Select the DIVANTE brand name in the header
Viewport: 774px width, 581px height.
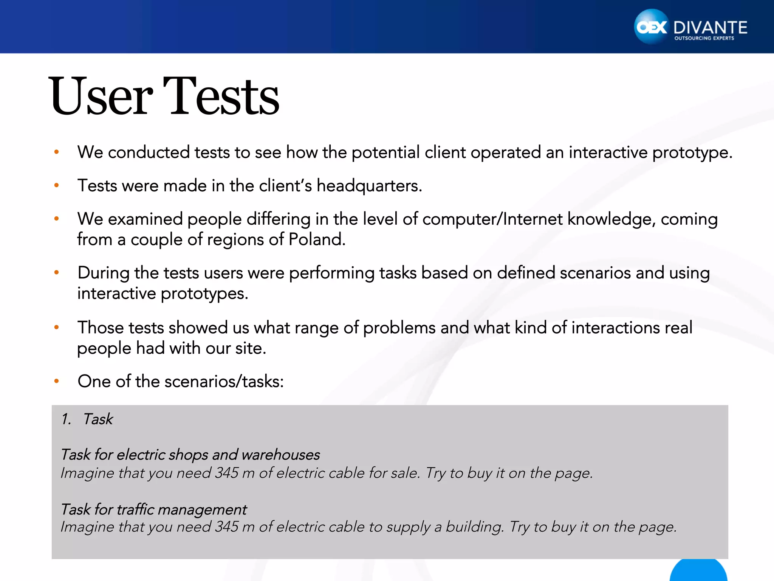point(710,28)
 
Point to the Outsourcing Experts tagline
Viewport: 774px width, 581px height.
point(704,38)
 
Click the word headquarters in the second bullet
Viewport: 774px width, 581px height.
point(368,186)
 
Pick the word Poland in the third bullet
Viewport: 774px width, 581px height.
point(316,239)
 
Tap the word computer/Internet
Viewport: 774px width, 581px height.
point(492,219)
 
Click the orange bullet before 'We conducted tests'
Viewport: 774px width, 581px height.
point(57,152)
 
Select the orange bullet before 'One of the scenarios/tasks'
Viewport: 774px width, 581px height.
point(57,381)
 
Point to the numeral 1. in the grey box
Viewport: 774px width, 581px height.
point(66,419)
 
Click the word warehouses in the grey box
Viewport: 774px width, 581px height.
point(281,455)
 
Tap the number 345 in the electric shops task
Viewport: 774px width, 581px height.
point(227,473)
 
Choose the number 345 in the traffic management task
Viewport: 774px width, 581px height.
point(227,527)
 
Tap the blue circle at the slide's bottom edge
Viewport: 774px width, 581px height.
point(698,571)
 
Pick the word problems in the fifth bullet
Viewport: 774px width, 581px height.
point(399,328)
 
